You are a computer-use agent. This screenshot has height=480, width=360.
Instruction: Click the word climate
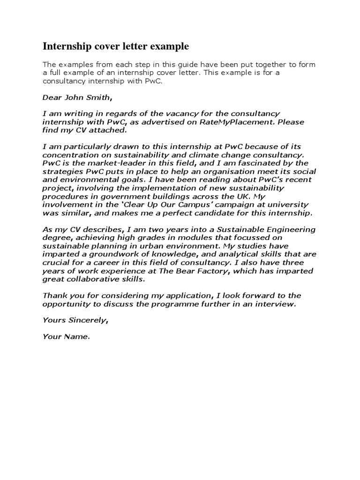click(214, 155)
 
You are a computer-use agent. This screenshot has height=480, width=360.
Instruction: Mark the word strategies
click(61, 171)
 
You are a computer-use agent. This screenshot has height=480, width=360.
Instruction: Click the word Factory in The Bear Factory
click(213, 271)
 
